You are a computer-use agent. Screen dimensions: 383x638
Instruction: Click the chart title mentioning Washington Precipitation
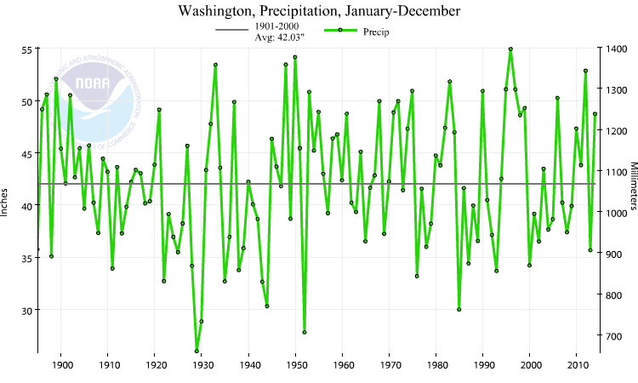pos(318,11)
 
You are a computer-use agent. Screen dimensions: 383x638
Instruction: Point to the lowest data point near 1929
pos(197,351)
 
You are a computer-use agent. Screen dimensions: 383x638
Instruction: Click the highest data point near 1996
pos(510,49)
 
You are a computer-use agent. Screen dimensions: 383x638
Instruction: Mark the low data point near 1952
pos(305,332)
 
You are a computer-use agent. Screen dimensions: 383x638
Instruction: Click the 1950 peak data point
pos(295,57)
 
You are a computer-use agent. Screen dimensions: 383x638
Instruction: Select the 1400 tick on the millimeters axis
pos(618,49)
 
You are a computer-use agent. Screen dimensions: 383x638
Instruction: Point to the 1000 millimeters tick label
pos(618,213)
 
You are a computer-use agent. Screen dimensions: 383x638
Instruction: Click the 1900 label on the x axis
pos(61,365)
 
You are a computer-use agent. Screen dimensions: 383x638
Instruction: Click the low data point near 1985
pos(459,309)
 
